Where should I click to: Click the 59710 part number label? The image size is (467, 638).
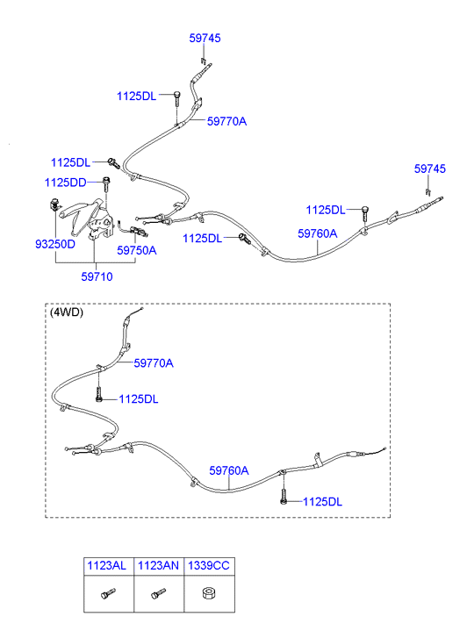(97, 276)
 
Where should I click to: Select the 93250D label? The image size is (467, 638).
(55, 244)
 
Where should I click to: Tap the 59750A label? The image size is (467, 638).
(137, 250)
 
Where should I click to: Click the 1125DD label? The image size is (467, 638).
(65, 183)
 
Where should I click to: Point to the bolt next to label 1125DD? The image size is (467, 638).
(107, 184)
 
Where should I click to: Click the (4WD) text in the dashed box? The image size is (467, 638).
(67, 312)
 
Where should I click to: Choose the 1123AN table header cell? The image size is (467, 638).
(159, 566)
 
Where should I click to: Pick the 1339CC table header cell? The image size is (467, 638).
(209, 566)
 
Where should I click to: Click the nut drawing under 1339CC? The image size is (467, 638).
(209, 593)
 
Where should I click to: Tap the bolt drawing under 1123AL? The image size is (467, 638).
(108, 593)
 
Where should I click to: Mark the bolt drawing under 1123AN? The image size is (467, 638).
(158, 593)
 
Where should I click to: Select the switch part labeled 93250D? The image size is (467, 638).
(54, 204)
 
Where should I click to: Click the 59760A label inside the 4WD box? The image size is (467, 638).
(229, 470)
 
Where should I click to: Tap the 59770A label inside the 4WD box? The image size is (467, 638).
(154, 363)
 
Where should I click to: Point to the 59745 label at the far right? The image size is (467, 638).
(430, 168)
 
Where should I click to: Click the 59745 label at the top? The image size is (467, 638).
(205, 39)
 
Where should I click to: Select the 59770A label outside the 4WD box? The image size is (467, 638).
(226, 121)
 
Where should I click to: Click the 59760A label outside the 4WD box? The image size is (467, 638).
(318, 233)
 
